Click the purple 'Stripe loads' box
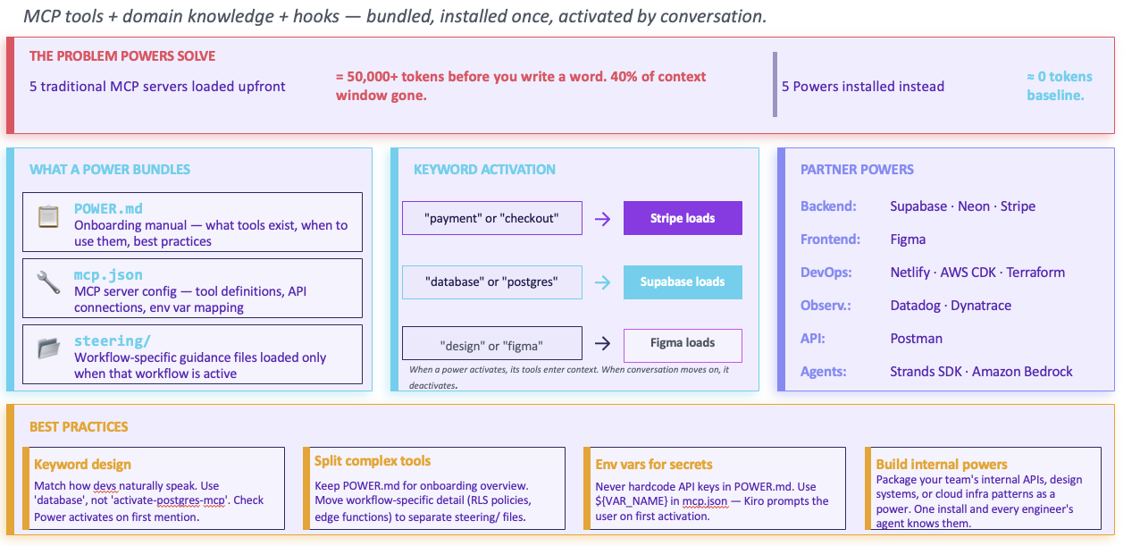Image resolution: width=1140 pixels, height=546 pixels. pos(683,218)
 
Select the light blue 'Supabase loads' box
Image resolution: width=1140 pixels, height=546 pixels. pos(683,281)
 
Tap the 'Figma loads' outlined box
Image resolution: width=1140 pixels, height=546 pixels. pos(683,343)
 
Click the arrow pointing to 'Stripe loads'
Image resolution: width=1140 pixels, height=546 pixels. pos(603,219)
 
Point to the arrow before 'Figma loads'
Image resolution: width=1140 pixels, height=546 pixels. pos(603,343)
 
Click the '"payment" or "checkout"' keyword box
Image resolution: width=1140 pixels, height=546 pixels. pos(491,218)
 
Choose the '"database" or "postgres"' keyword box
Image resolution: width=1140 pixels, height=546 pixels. pos(491,281)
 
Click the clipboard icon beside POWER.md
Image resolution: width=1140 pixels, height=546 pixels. pos(48,217)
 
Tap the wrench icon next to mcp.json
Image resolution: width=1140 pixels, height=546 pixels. pos(48,282)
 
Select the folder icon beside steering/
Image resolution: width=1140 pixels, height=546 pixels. pos(48,349)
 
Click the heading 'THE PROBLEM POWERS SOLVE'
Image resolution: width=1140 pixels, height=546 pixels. pos(122,55)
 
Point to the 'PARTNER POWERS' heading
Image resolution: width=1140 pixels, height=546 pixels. pos(857,170)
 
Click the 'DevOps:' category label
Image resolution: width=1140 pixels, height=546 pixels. pos(827,273)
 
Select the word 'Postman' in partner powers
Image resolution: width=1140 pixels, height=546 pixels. pos(916,339)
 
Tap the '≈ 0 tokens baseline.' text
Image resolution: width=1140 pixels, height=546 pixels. pos(1059,86)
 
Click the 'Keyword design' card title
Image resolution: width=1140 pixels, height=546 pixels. pos(82,464)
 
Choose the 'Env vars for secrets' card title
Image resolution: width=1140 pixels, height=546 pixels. pos(654,464)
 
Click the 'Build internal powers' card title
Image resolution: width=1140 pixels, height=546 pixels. pos(942,464)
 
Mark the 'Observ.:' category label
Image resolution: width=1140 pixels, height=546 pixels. pos(826,306)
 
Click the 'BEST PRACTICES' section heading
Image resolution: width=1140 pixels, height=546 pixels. pos(79,427)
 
